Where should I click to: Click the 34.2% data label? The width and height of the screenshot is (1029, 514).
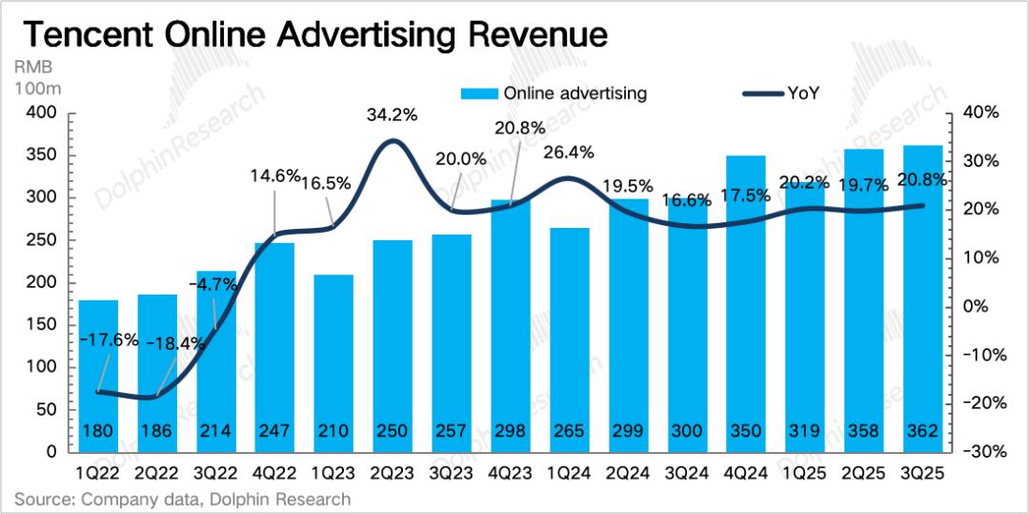392,116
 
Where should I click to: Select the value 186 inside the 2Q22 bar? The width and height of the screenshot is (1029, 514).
157,431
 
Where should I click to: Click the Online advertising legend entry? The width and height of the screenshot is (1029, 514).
554,93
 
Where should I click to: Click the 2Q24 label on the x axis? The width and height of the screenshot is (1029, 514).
629,470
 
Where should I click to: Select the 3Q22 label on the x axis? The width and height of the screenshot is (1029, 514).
216,470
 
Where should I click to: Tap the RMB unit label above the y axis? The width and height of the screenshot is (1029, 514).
32,69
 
